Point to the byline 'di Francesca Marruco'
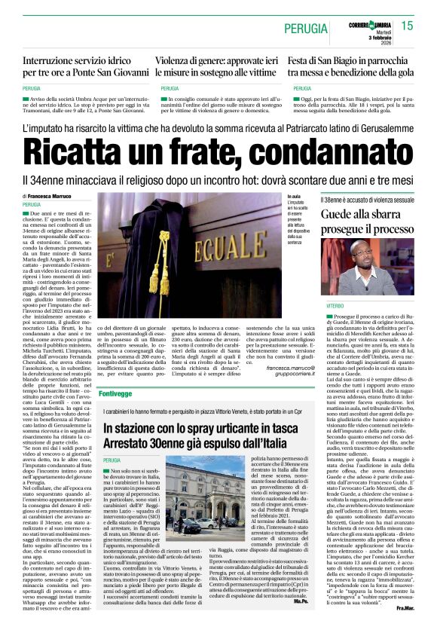[x=47, y=196]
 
